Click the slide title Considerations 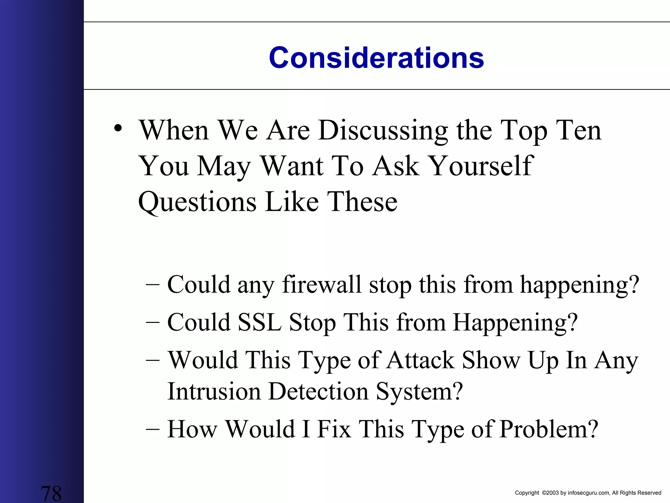tap(376, 58)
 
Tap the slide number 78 tap(51, 494)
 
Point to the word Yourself tap(481, 166)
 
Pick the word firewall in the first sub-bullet tap(322, 285)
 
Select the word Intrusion tap(214, 392)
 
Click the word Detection tap(318, 392)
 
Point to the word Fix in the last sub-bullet tap(334, 429)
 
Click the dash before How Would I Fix tap(153, 429)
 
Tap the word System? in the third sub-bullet tap(419, 392)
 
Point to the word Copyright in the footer tap(527, 493)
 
